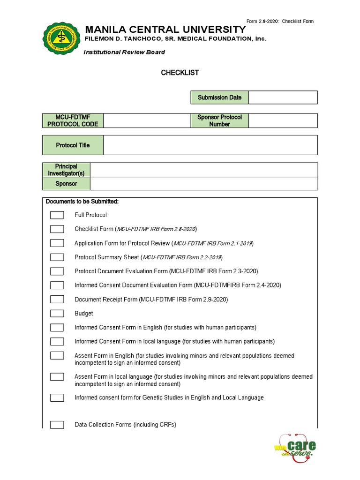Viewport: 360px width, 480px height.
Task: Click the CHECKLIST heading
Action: click(180, 73)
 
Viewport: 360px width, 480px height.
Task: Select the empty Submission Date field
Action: click(283, 97)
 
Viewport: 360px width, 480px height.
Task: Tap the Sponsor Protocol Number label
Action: click(219, 120)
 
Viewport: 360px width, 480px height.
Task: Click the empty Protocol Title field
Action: click(210, 145)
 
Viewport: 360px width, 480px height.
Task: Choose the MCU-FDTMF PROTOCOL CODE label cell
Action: click(73, 120)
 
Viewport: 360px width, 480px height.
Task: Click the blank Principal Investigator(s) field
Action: click(203, 170)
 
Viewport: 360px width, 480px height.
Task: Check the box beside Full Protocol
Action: click(57, 215)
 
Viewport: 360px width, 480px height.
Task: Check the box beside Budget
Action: click(57, 314)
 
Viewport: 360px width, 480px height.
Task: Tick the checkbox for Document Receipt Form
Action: click(57, 300)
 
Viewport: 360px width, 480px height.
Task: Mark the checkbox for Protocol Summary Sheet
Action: click(57, 257)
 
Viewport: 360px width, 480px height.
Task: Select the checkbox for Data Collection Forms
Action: click(57, 425)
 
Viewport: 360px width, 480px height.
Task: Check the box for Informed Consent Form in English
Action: click(57, 328)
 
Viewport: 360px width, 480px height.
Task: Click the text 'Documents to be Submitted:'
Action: click(82, 202)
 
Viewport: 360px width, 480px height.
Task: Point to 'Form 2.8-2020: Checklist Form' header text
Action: click(280, 22)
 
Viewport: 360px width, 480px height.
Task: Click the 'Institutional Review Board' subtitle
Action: click(124, 52)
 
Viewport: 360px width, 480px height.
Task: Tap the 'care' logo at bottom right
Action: click(294, 448)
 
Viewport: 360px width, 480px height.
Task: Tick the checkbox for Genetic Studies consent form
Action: click(57, 397)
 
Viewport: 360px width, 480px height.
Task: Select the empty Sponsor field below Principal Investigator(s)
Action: click(203, 184)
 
